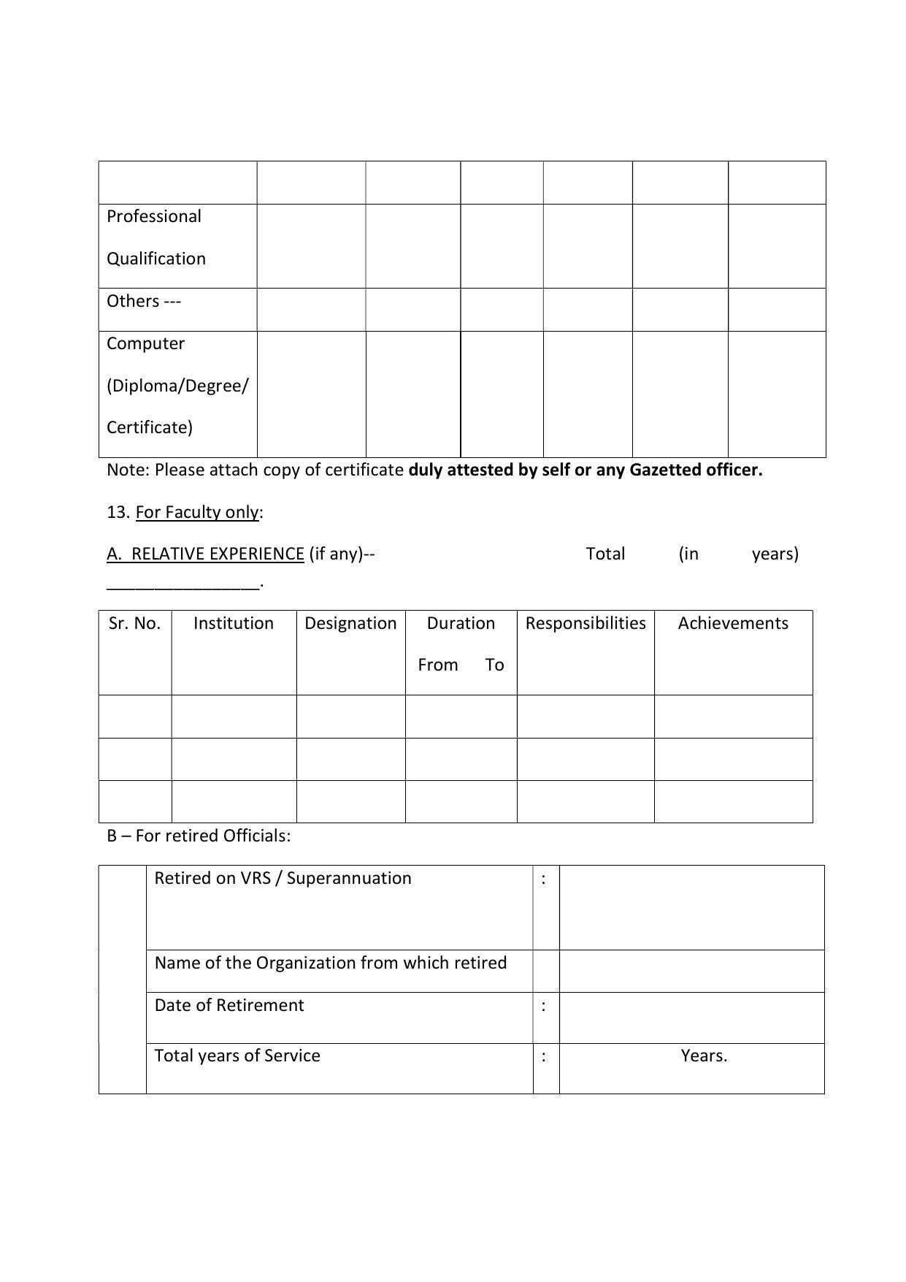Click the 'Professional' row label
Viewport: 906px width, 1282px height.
pyautogui.click(x=153, y=217)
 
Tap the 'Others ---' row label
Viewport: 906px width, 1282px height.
pyautogui.click(x=143, y=302)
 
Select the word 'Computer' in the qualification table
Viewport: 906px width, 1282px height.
pyautogui.click(x=145, y=344)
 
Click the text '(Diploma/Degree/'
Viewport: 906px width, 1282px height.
pyautogui.click(x=177, y=386)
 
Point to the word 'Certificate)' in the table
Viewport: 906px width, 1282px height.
pyautogui.click(x=150, y=428)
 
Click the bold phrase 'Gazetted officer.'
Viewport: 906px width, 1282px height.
pyautogui.click(x=696, y=470)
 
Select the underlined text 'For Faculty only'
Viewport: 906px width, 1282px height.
pyautogui.click(x=197, y=513)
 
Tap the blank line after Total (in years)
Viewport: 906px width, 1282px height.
pyautogui.click(x=183, y=584)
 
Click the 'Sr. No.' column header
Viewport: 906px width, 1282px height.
pyautogui.click(x=134, y=624)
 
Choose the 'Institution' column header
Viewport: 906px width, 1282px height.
pyautogui.click(x=234, y=624)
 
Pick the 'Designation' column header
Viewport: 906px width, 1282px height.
pyautogui.click(x=350, y=624)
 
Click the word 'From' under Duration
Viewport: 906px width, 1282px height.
pyautogui.click(x=437, y=665)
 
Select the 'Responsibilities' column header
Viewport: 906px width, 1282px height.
pyautogui.click(x=586, y=624)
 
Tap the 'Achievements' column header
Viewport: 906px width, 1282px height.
pyautogui.click(x=733, y=624)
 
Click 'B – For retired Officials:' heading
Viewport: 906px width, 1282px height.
pyautogui.click(x=199, y=836)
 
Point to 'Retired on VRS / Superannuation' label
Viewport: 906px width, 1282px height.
pyautogui.click(x=283, y=879)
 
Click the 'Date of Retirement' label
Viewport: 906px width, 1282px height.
pyautogui.click(x=229, y=1006)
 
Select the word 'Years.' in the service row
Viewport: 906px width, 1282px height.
pyautogui.click(x=704, y=1056)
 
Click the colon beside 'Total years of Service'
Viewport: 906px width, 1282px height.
pyautogui.click(x=544, y=1056)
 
